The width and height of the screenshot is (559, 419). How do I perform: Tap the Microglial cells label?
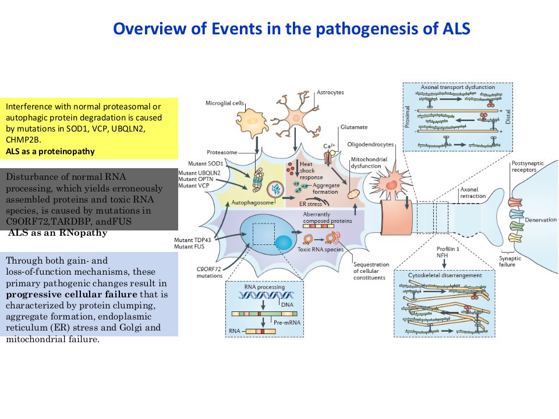225,103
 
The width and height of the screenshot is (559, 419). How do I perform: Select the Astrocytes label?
330,93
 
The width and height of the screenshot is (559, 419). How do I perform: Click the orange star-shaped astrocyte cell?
296,115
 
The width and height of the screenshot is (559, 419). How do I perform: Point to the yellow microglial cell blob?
252,122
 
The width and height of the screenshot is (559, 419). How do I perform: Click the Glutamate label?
353,127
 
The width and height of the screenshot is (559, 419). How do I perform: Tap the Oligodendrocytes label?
370,144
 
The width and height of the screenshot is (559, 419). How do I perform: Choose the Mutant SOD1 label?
206,164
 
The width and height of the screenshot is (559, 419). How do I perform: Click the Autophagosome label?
252,203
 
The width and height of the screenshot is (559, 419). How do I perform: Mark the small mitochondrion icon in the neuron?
353,194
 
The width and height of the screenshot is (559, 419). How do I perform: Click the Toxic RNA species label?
320,250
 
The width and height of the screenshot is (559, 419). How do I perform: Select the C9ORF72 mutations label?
209,272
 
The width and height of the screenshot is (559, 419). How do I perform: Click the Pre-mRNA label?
287,322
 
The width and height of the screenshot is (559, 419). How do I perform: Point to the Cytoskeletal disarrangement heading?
444,275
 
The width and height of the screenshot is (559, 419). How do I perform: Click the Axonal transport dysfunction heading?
458,87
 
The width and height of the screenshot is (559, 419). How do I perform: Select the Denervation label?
540,220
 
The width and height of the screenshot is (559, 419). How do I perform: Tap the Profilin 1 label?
448,249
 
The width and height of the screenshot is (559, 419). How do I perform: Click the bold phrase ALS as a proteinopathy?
50,151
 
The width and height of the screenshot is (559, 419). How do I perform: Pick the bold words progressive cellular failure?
72,294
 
